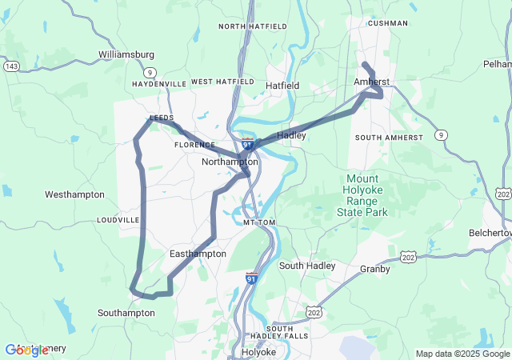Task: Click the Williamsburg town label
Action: (126, 54)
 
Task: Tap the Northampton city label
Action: (230, 162)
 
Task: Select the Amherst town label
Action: (371, 82)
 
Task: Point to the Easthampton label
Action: (198, 254)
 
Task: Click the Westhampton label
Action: (74, 194)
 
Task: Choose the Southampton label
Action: (126, 313)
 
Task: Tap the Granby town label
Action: (374, 269)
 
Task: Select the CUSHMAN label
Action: (387, 24)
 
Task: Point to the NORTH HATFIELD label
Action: (253, 26)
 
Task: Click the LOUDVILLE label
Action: (118, 220)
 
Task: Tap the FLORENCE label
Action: (194, 146)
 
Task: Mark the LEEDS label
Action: (162, 118)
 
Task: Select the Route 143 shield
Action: (11, 65)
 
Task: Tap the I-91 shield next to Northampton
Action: (248, 144)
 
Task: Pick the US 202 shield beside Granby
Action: (409, 258)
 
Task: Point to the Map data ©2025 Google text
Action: (462, 354)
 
